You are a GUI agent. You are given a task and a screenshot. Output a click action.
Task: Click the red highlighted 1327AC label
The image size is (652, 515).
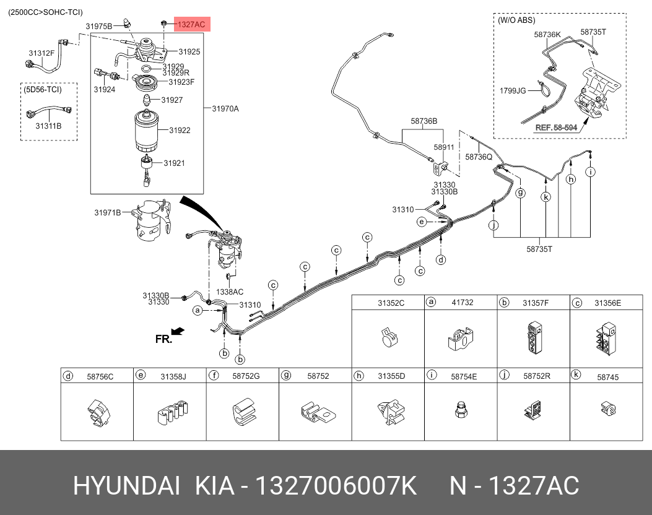(x=192, y=24)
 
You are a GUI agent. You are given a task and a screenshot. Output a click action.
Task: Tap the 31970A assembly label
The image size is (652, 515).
(x=225, y=109)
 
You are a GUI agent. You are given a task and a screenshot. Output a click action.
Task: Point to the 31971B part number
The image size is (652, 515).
(x=107, y=212)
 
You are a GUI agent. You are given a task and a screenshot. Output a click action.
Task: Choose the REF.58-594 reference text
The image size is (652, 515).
(x=555, y=128)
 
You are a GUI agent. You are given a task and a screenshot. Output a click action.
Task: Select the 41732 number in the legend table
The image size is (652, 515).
(x=463, y=303)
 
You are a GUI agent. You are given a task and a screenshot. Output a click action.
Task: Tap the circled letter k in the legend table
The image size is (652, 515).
(x=576, y=374)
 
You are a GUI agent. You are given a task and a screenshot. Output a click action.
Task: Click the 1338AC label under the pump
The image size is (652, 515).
(x=230, y=292)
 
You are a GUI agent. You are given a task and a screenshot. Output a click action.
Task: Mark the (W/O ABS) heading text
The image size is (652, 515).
(x=516, y=20)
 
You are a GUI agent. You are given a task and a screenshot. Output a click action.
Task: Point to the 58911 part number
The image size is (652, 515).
(x=444, y=148)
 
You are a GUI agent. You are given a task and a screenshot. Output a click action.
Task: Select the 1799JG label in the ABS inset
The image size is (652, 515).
(x=513, y=91)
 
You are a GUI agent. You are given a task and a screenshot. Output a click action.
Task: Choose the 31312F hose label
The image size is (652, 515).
(x=41, y=53)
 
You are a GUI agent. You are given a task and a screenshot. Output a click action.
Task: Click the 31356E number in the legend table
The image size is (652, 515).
(x=607, y=303)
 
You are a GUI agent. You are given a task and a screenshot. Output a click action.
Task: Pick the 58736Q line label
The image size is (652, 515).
(x=479, y=157)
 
